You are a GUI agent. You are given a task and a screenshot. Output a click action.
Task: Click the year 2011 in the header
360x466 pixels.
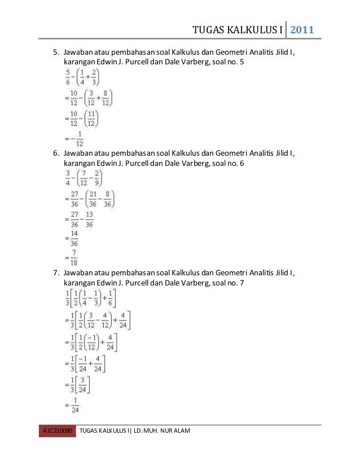(x=302, y=29)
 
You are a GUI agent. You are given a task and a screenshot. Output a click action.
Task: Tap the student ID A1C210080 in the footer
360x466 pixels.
(x=57, y=432)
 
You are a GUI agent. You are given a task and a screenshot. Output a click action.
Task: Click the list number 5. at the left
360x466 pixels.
(x=56, y=52)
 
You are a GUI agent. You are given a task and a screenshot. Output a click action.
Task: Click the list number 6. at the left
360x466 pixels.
(x=56, y=153)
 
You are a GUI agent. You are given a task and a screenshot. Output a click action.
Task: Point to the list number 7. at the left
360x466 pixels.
(x=56, y=274)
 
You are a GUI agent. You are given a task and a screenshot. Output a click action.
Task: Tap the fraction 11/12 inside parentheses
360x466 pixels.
(x=93, y=118)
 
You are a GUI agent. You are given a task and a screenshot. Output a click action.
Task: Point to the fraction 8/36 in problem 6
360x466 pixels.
(x=105, y=199)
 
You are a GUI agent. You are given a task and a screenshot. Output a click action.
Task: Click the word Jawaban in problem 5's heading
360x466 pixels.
(x=78, y=52)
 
